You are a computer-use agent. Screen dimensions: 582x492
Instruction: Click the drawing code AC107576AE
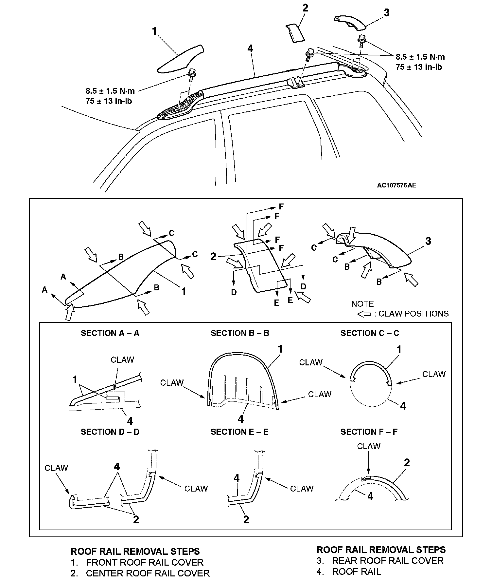396,185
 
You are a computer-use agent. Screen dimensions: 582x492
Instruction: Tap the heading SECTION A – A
110,333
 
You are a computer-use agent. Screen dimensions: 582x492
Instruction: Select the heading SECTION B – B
240,333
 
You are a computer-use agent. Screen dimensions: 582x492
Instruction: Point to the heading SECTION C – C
370,333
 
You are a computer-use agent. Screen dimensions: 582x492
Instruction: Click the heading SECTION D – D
110,432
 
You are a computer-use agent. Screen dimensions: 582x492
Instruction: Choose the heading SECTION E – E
239,432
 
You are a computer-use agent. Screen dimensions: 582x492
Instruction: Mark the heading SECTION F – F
369,432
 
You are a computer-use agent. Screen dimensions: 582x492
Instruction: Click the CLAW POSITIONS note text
413,314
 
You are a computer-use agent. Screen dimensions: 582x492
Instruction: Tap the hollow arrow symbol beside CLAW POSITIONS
364,314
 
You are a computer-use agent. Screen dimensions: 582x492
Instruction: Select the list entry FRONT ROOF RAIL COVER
145,562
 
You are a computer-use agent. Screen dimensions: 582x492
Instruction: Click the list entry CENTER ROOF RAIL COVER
148,573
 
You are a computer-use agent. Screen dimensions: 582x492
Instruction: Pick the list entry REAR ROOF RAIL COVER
388,560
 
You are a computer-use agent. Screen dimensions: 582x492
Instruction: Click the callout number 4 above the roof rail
250,49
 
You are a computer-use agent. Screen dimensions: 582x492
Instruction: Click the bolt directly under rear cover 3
362,40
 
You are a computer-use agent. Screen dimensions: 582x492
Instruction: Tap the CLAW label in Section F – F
369,446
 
